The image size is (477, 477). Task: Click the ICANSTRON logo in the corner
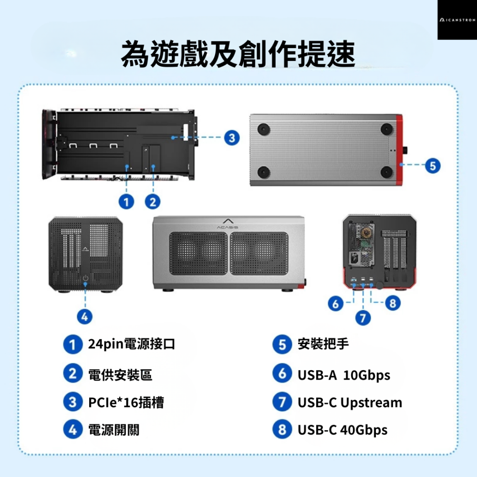click(457, 21)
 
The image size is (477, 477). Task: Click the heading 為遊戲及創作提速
click(238, 53)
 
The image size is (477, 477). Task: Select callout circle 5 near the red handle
click(432, 166)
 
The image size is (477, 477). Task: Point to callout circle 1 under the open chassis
click(126, 202)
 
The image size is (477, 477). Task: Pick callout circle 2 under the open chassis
click(153, 202)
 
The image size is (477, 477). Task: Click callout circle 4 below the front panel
click(85, 316)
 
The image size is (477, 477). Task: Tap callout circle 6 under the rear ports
click(336, 303)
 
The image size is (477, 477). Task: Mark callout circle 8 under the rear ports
click(393, 303)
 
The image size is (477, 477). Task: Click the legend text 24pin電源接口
click(132, 344)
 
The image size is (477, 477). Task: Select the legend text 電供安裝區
click(121, 375)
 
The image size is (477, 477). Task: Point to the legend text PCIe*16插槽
click(126, 403)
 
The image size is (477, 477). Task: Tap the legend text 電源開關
click(114, 430)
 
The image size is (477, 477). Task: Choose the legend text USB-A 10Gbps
click(344, 375)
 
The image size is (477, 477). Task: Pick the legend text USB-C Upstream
click(350, 403)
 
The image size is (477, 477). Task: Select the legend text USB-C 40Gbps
click(342, 430)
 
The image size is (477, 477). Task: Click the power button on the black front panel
click(85, 279)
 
